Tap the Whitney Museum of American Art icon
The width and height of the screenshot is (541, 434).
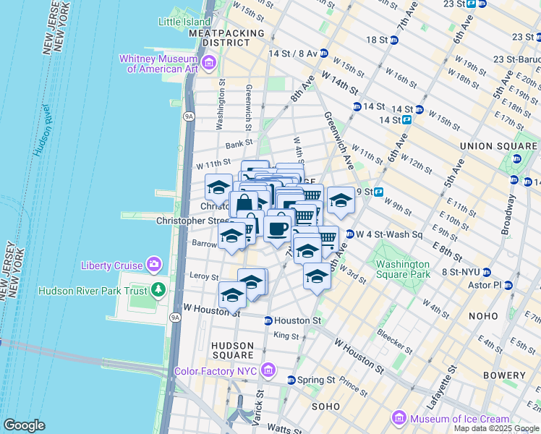click(209, 64)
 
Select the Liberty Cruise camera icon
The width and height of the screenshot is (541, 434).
click(153, 265)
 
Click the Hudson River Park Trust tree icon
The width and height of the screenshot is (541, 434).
click(159, 291)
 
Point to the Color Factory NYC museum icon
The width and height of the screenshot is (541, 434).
click(268, 371)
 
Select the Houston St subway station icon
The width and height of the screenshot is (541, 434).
click(268, 320)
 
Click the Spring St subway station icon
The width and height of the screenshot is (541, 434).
click(291, 380)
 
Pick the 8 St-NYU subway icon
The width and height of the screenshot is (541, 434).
click(487, 273)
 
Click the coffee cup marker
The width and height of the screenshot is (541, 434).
click(278, 229)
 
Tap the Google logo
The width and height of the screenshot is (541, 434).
click(24, 425)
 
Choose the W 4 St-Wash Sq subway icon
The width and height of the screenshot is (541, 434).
click(349, 234)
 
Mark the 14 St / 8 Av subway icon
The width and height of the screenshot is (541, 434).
click(323, 54)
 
